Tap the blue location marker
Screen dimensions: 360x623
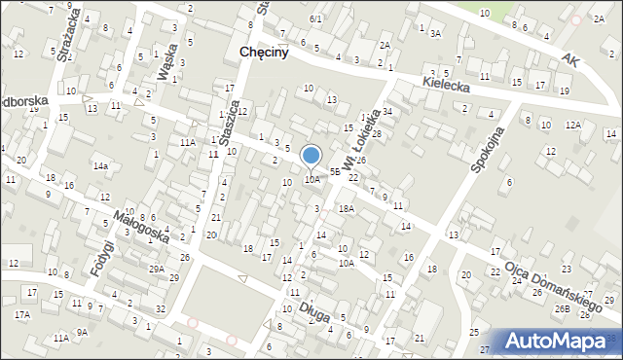tap(311, 156)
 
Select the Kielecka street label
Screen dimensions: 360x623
tap(448, 86)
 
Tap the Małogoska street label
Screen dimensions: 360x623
tap(140, 227)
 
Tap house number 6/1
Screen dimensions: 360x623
tap(314, 18)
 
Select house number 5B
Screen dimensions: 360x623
tap(335, 171)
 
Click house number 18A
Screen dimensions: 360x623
tap(346, 208)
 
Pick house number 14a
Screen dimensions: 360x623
tap(99, 165)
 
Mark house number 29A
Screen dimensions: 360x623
tap(156, 268)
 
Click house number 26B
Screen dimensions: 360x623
tap(562, 308)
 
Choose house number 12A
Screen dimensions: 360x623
tap(573, 125)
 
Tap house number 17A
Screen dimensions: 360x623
tap(21, 314)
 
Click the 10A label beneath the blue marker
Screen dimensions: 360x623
tap(311, 179)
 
